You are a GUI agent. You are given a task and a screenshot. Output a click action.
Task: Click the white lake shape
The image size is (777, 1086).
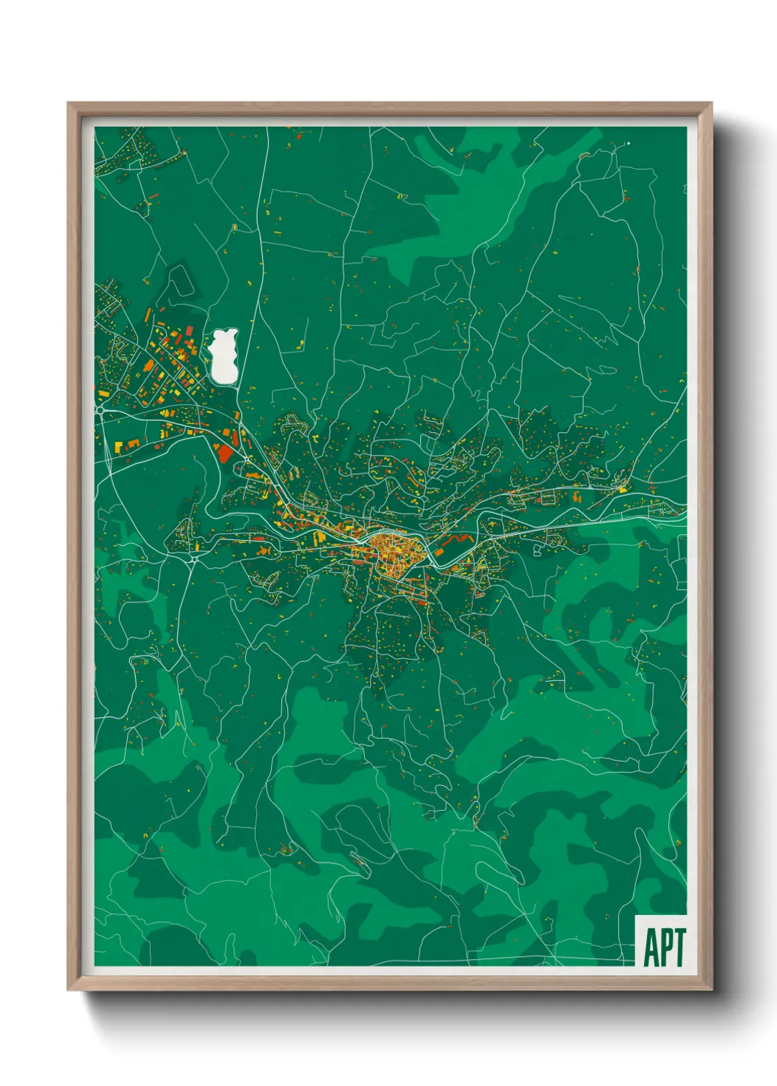tap(223, 356)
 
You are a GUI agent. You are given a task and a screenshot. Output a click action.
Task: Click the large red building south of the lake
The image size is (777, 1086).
tap(225, 452)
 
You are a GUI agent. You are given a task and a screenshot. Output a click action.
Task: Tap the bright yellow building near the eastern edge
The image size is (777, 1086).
tap(623, 487)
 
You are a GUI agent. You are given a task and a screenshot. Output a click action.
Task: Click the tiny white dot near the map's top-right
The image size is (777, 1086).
tap(628, 144)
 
